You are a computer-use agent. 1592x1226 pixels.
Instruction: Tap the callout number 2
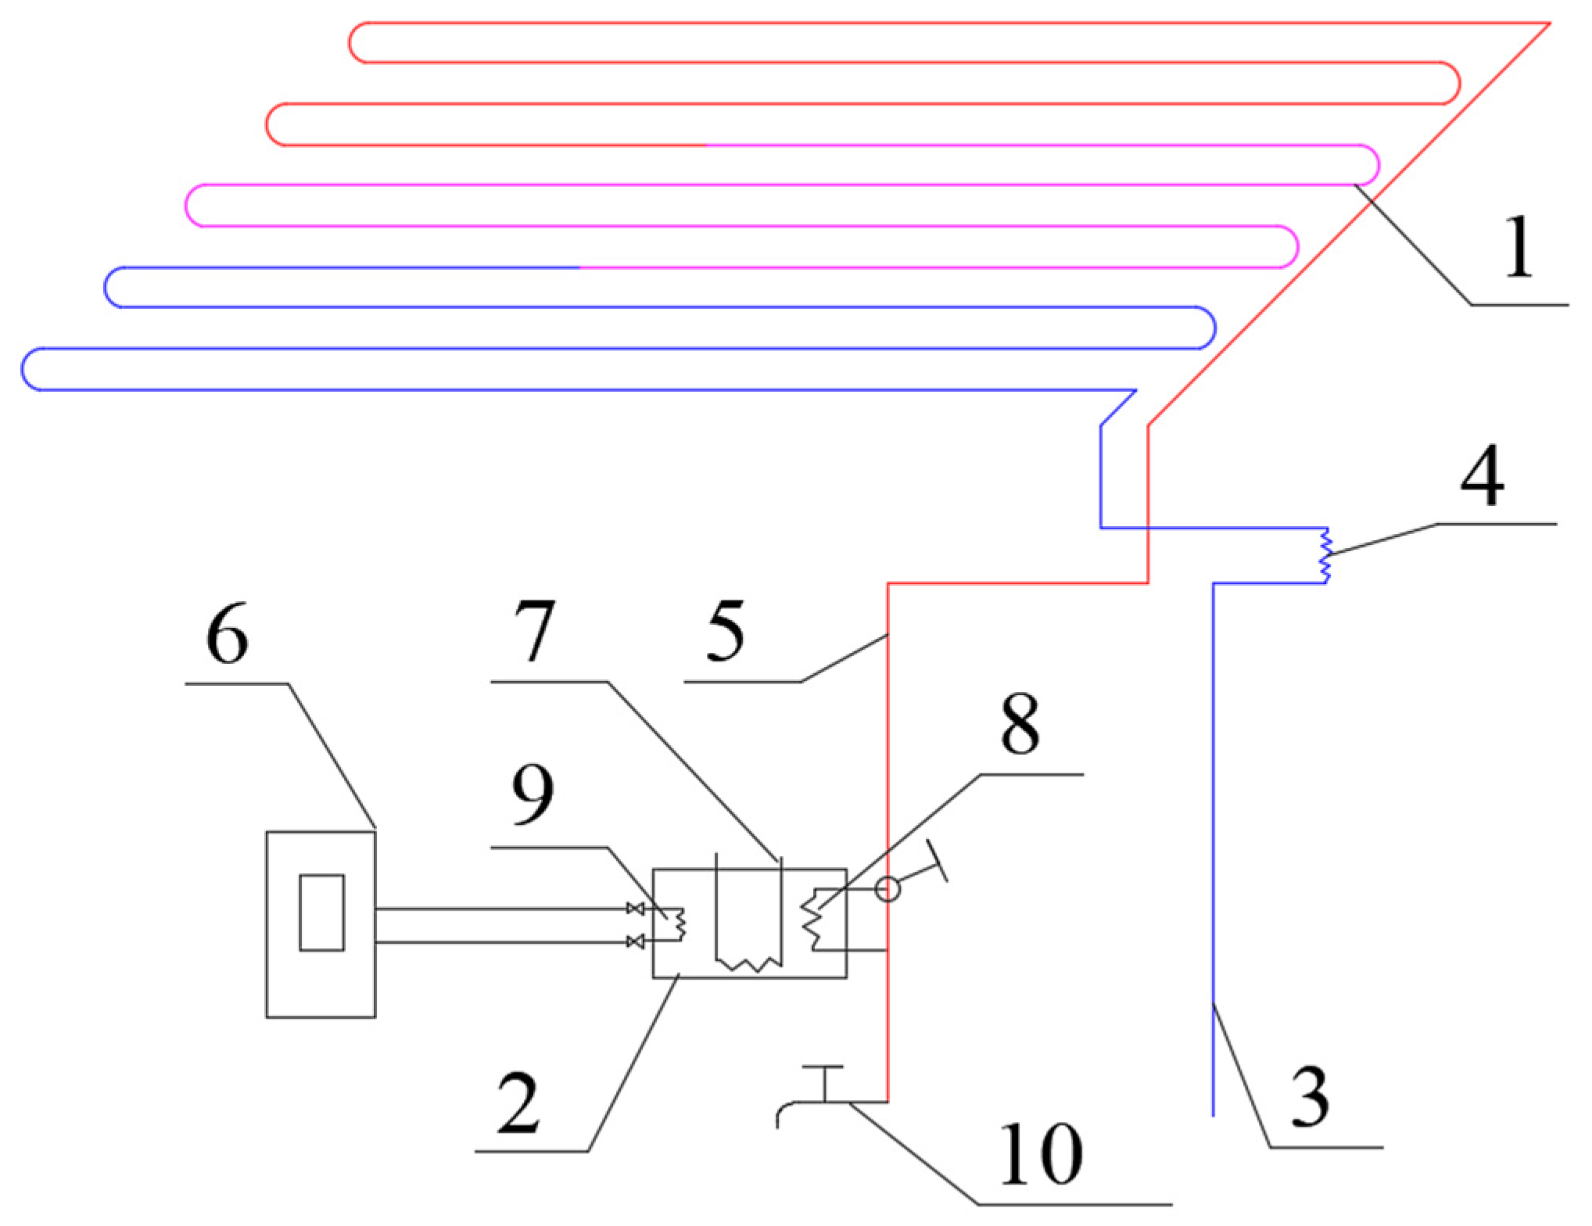[x=518, y=1103]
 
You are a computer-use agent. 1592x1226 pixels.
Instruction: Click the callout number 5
[x=725, y=631]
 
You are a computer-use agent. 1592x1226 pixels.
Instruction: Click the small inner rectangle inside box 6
[x=321, y=912]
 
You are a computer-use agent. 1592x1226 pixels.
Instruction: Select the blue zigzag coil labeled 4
[x=1325, y=556]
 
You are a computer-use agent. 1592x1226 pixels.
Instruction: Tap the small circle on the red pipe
[x=887, y=889]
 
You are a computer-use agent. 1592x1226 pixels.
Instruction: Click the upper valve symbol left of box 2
[x=636, y=909]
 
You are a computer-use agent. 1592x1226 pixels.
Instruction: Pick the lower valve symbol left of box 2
[x=636, y=942]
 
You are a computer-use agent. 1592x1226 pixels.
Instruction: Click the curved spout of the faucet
[x=784, y=1112]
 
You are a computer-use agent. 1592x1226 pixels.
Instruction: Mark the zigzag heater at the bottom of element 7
[x=749, y=964]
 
